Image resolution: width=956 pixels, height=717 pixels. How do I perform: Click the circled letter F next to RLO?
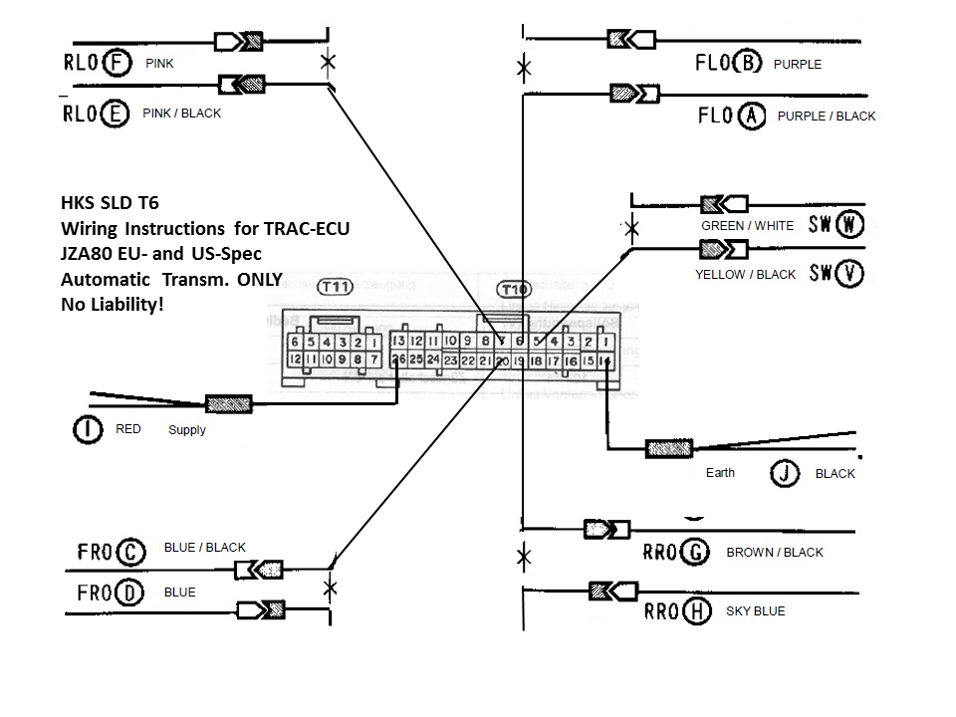tap(118, 64)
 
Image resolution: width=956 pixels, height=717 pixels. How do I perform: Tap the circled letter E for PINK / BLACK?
tap(116, 114)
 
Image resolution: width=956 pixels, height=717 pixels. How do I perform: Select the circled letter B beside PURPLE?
tap(747, 64)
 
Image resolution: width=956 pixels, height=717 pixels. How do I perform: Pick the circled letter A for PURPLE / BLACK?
tap(752, 117)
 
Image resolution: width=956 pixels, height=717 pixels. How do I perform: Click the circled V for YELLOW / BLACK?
tap(849, 273)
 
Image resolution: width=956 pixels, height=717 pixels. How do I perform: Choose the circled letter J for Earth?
tap(785, 473)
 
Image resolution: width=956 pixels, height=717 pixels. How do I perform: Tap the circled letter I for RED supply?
tap(89, 430)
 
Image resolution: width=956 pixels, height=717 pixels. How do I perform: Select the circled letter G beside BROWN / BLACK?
tap(696, 552)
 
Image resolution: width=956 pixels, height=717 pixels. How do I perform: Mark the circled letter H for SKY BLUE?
tap(697, 610)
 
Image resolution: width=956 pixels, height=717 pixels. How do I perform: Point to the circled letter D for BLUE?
tap(129, 594)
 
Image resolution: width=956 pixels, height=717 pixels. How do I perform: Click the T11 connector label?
tap(335, 287)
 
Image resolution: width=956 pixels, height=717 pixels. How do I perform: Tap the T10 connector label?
tap(514, 289)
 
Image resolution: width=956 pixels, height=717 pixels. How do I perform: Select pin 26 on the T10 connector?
tap(399, 358)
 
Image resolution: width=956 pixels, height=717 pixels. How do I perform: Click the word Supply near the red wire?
tap(187, 430)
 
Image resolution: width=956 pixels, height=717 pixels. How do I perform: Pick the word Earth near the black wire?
tap(720, 472)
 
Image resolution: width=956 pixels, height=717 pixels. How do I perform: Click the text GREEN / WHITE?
tap(748, 225)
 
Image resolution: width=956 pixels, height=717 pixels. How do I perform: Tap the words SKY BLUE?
tap(756, 610)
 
